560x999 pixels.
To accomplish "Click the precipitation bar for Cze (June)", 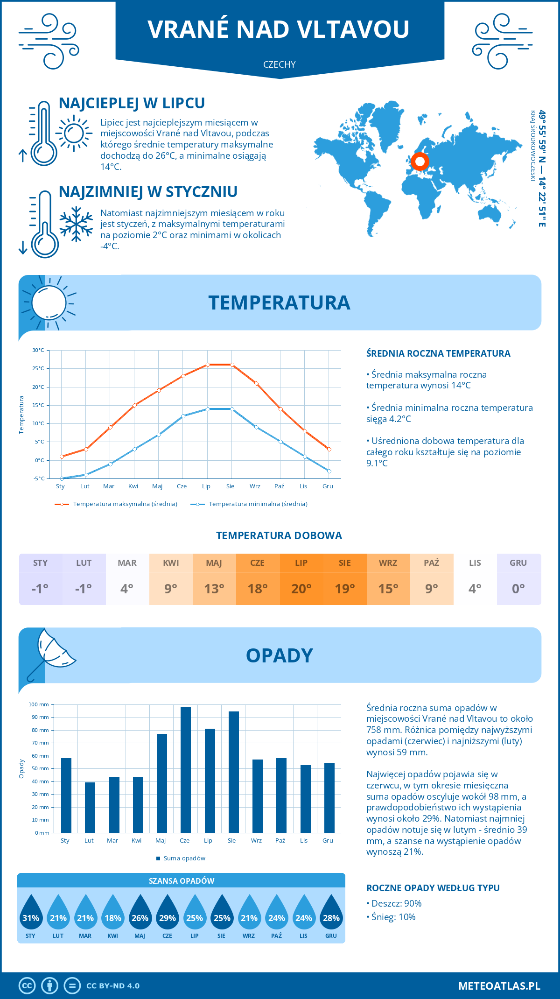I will (186, 770).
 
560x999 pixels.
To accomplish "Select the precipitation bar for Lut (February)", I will (90, 808).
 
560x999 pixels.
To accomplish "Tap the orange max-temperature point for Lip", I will (208, 365).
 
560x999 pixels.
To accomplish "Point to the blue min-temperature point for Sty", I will (62, 478).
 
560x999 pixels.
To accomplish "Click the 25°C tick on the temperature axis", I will (39, 368).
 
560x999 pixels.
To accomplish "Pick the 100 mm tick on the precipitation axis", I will (39, 704).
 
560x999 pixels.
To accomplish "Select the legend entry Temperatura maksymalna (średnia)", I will (116, 504).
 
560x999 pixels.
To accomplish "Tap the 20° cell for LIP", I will (301, 588).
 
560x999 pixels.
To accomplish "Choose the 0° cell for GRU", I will (518, 588).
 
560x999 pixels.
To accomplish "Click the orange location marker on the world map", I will (420, 162).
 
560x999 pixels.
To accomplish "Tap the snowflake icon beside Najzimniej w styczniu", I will (76, 224).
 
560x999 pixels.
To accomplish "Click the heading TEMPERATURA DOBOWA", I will (279, 535).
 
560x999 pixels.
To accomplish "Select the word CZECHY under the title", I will (280, 64).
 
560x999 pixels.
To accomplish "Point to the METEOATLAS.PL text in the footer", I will (499, 985).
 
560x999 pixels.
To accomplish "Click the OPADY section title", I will (280, 655).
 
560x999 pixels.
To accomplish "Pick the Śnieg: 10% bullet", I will (391, 917).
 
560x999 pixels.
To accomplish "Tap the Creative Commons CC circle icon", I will (27, 985).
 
